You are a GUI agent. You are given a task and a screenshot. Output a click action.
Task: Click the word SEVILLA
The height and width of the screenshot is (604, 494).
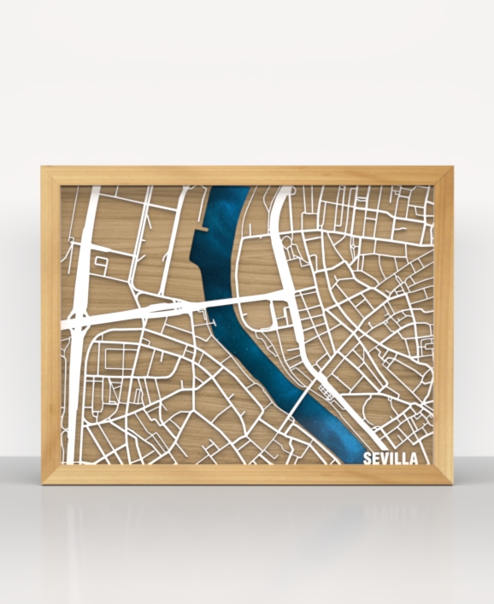[x=391, y=459]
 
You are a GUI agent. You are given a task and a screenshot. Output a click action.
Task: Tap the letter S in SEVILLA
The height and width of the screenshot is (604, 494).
[x=368, y=459]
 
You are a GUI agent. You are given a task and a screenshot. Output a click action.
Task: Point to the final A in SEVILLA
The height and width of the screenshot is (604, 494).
[x=414, y=459]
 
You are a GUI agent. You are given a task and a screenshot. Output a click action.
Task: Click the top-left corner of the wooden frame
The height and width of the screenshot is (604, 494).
[x=43, y=168]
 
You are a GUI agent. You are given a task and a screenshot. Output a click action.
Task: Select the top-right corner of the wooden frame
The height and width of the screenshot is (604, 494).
[x=452, y=168]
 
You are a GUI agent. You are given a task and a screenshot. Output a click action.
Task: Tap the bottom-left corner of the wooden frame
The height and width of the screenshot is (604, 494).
[x=43, y=483]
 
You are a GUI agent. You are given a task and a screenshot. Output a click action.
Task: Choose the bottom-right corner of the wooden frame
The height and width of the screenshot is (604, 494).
[x=452, y=483]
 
